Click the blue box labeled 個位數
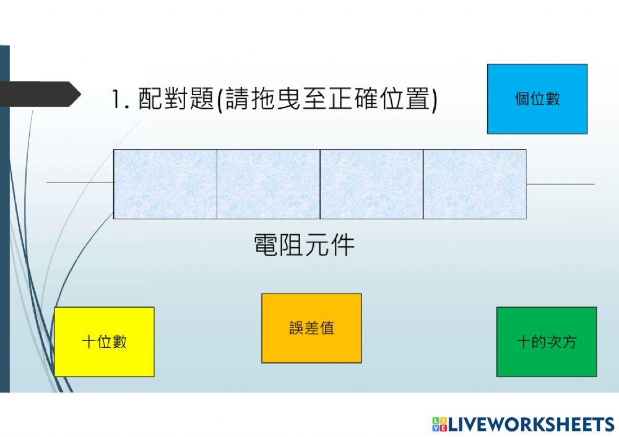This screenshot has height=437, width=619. click(x=537, y=99)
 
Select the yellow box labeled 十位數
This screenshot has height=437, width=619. click(x=104, y=341)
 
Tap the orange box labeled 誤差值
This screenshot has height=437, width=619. click(x=311, y=328)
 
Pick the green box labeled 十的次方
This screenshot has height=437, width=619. click(x=547, y=341)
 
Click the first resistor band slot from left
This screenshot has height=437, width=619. click(x=165, y=184)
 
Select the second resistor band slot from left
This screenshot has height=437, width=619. click(x=268, y=184)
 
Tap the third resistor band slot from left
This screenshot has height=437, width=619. click(x=371, y=184)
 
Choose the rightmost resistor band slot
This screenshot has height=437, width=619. click(x=475, y=184)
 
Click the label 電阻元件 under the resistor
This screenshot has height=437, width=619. click(x=304, y=245)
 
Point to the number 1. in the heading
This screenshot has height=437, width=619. click(x=120, y=100)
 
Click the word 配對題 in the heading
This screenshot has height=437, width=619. click(x=175, y=100)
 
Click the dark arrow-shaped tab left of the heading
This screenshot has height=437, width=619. click(x=40, y=94)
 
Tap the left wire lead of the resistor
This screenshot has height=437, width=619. click(x=80, y=182)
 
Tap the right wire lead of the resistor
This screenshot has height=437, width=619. click(x=560, y=184)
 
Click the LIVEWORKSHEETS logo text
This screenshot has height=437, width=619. click(x=530, y=424)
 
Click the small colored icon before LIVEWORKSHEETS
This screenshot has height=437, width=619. click(x=439, y=424)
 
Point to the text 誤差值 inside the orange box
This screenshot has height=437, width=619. click(x=311, y=328)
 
